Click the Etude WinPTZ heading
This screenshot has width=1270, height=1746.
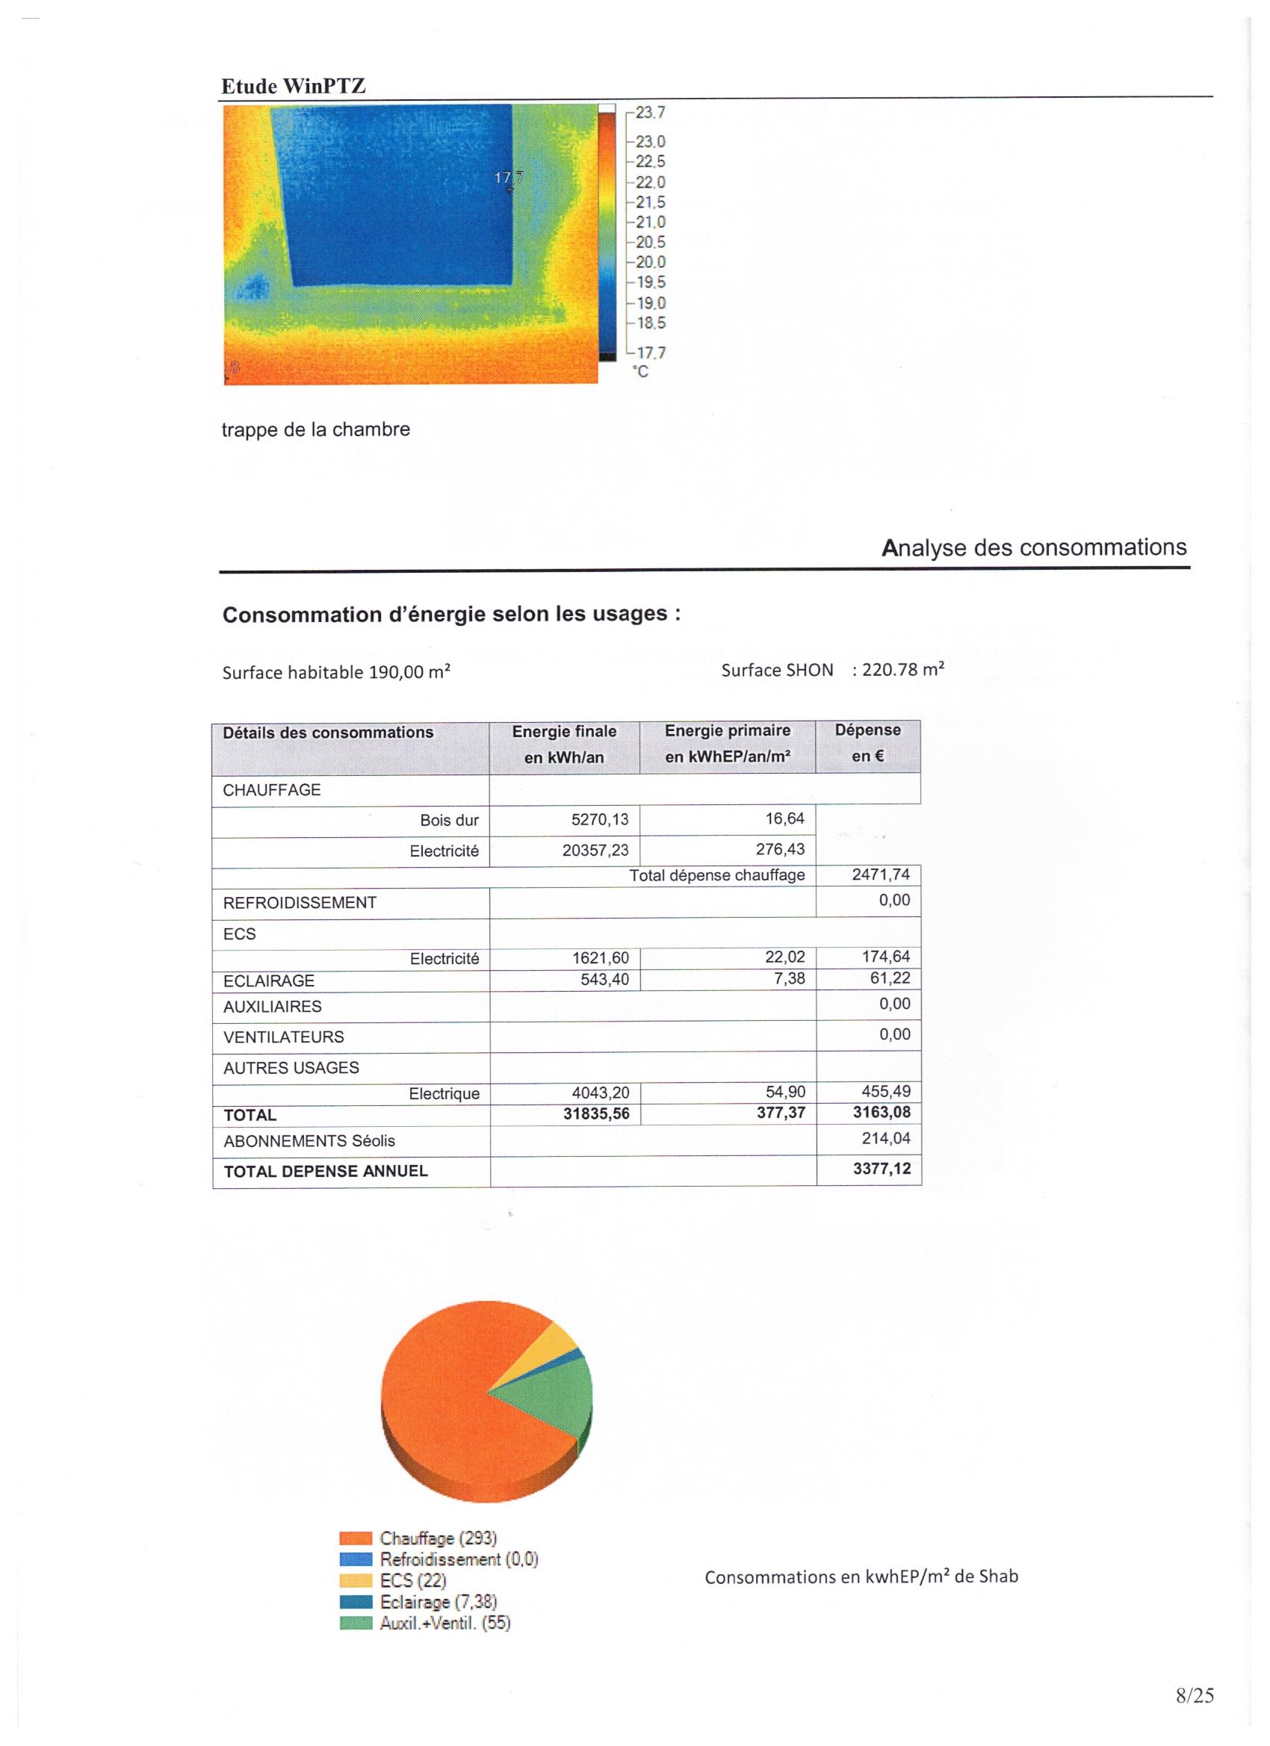[293, 86]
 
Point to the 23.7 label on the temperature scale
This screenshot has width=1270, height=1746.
[650, 114]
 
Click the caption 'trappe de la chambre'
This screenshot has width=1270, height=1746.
[316, 429]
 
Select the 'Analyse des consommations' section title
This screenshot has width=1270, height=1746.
[1034, 548]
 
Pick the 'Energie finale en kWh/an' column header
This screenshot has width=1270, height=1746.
[564, 745]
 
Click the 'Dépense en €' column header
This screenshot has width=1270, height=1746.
[867, 743]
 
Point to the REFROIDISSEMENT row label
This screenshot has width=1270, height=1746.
[300, 903]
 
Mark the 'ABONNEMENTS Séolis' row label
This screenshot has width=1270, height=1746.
[309, 1141]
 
